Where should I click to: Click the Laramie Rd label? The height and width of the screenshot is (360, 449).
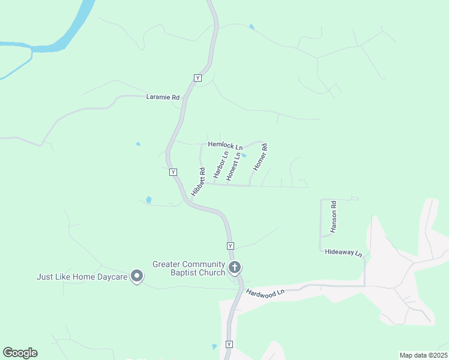pyautogui.click(x=163, y=97)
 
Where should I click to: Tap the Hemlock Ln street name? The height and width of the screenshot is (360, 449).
pyautogui.click(x=225, y=145)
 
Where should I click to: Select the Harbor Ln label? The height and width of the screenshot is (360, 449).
pyautogui.click(x=221, y=164)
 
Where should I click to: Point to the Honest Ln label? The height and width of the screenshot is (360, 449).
pyautogui.click(x=234, y=166)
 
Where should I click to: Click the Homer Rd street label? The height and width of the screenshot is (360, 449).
pyautogui.click(x=260, y=157)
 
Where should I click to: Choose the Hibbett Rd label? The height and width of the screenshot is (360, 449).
pyautogui.click(x=199, y=182)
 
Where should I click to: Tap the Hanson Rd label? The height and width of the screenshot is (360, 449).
pyautogui.click(x=334, y=217)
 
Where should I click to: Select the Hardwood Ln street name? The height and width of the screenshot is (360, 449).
pyautogui.click(x=264, y=294)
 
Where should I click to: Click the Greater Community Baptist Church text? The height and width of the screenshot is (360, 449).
pyautogui.click(x=188, y=268)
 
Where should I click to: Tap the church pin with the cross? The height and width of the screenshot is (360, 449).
pyautogui.click(x=235, y=266)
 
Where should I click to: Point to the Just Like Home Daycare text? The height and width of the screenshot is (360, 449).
pyautogui.click(x=82, y=277)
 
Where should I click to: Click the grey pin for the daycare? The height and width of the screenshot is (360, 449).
pyautogui.click(x=137, y=277)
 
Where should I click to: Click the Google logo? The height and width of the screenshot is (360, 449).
pyautogui.click(x=20, y=353)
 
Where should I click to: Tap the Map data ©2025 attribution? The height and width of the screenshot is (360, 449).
pyautogui.click(x=423, y=355)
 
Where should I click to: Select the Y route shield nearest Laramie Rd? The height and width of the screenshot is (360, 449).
pyautogui.click(x=197, y=77)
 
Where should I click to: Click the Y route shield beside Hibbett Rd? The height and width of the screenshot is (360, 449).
pyautogui.click(x=173, y=172)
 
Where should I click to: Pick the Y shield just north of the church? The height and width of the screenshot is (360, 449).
pyautogui.click(x=230, y=246)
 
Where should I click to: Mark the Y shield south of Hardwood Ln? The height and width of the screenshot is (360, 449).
pyautogui.click(x=229, y=344)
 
